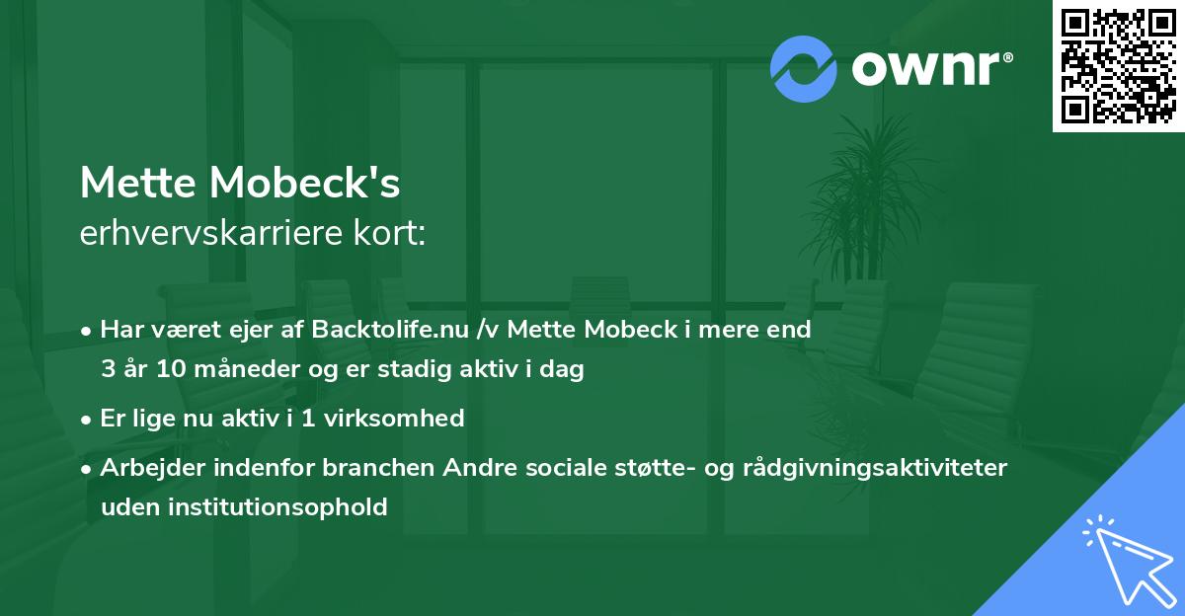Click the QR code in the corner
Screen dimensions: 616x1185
(x=1119, y=65)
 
